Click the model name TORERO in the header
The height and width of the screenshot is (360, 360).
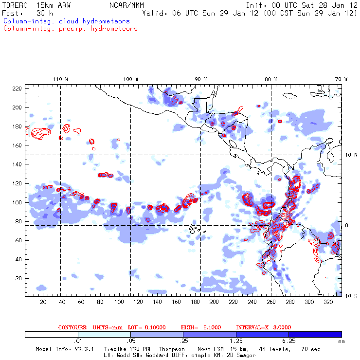click(x=15, y=5)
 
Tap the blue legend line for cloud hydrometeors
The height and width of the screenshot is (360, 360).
click(x=66, y=21)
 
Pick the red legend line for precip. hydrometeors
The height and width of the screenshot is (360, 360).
click(x=70, y=29)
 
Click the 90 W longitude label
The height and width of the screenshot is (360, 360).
click(x=200, y=79)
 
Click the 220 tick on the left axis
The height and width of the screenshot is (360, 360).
click(x=18, y=88)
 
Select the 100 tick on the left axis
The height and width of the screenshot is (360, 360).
click(x=18, y=202)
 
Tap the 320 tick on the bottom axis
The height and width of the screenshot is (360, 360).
click(x=329, y=302)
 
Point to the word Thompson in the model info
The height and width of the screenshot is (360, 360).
click(x=171, y=349)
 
